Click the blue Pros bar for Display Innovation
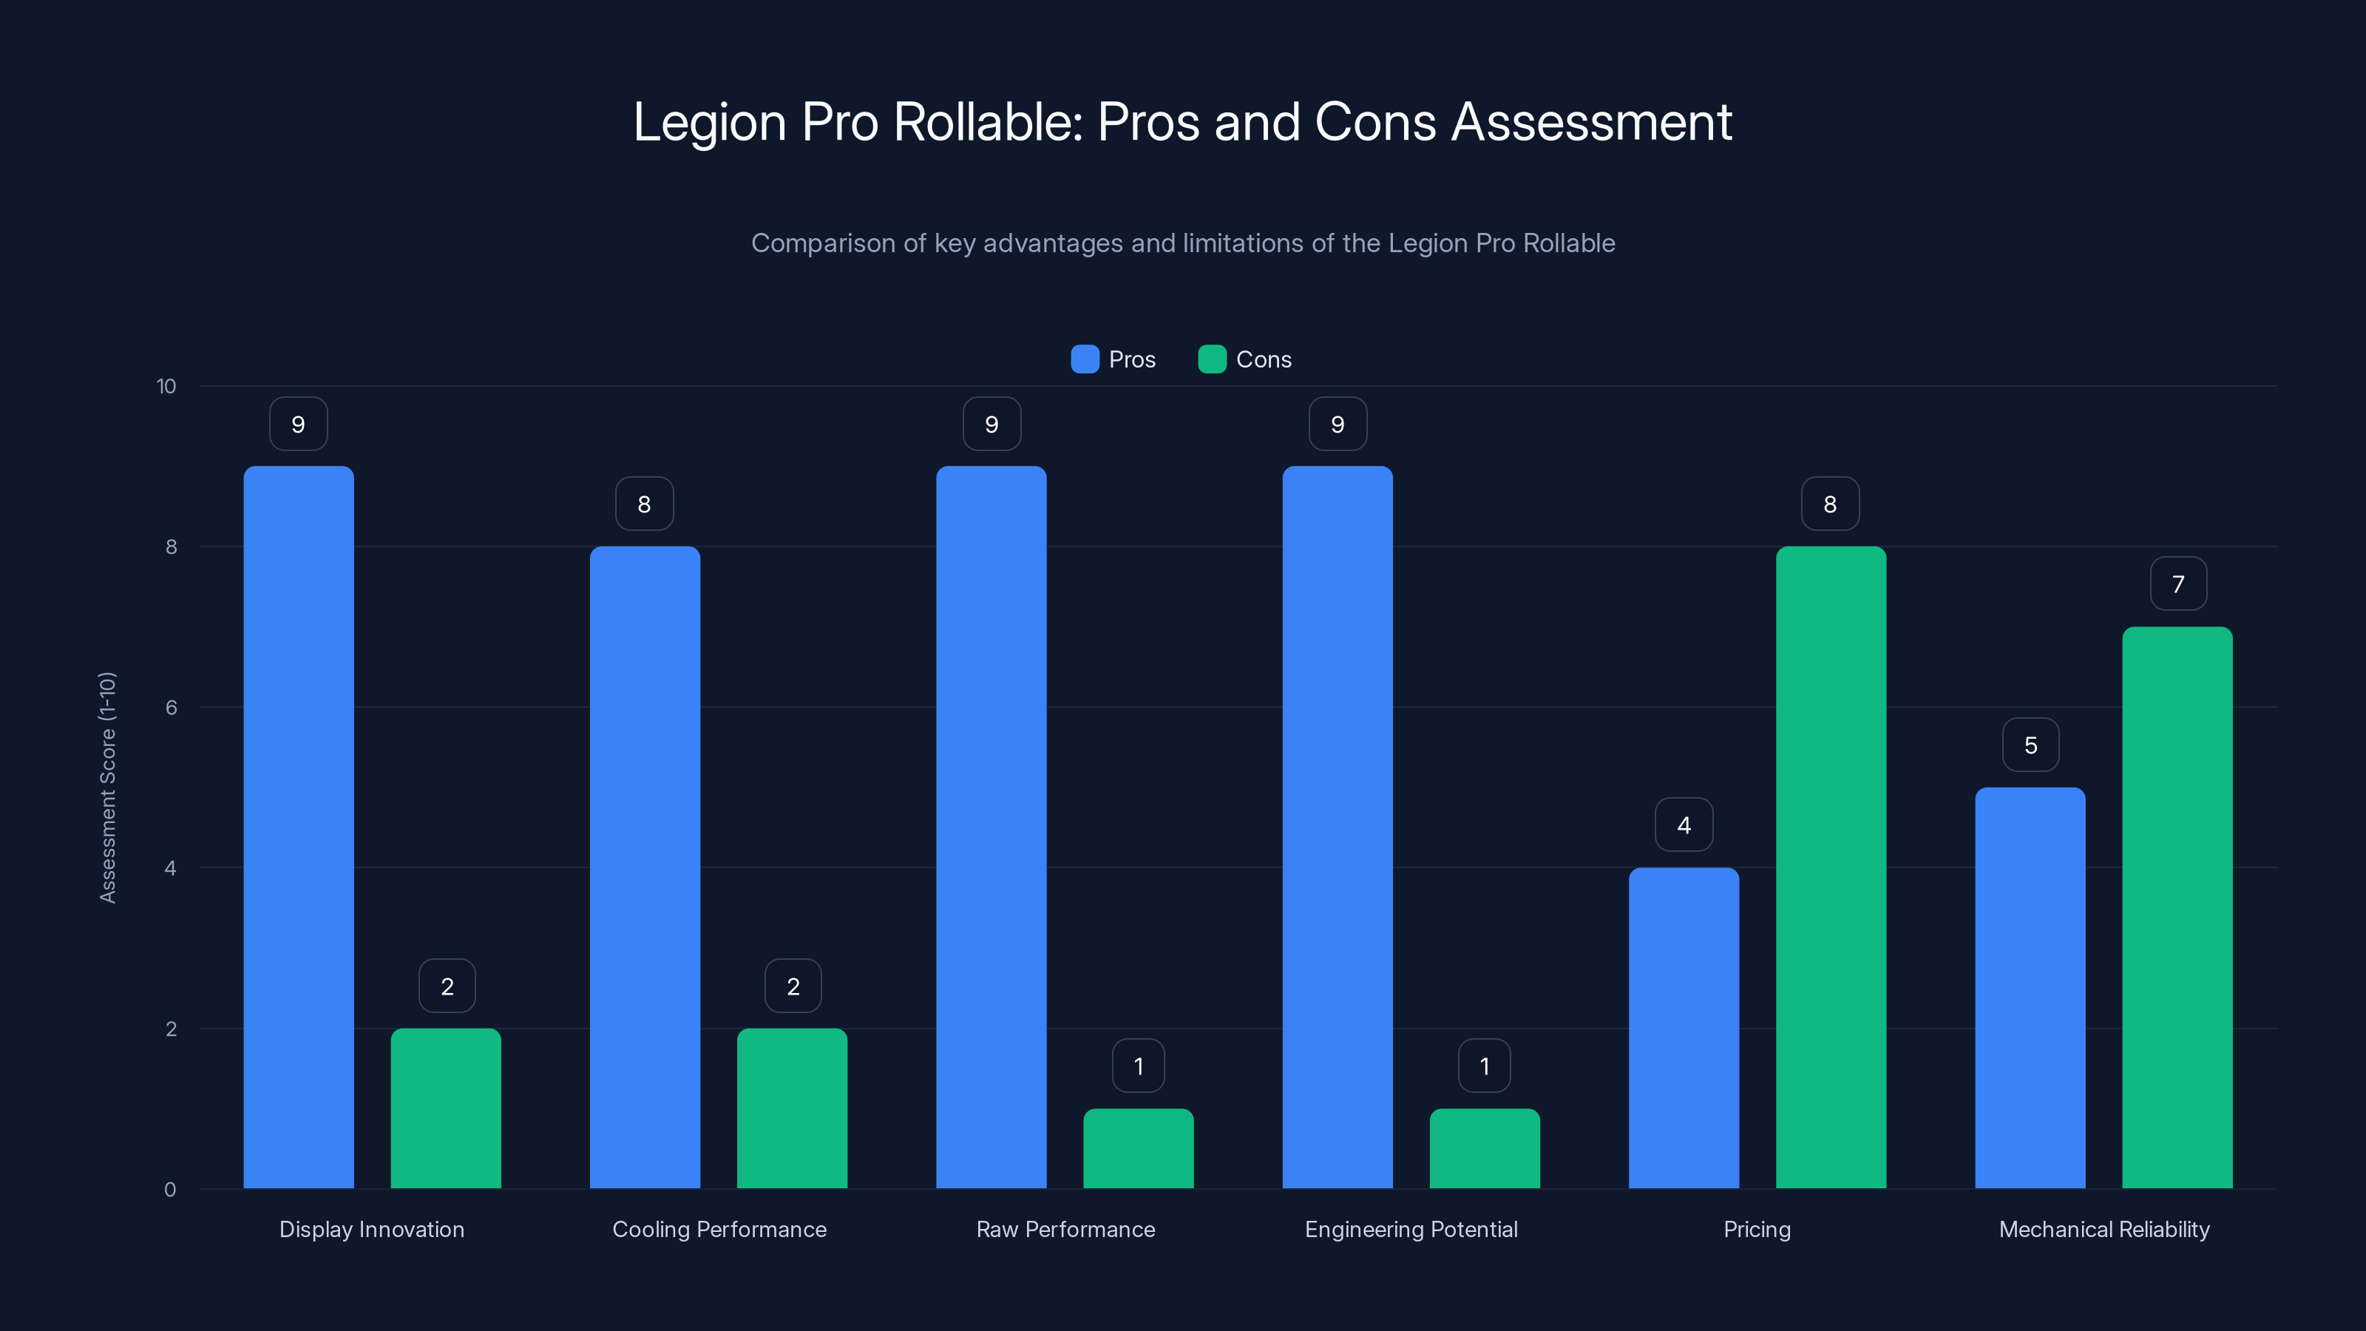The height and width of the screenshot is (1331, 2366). pos(299,827)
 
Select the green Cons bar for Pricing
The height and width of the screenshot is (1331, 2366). pos(1831,867)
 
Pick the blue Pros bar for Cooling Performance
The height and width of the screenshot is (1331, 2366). pos(645,867)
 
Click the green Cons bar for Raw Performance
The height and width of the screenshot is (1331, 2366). pos(1138,1148)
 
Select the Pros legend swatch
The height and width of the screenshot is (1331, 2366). pos(1085,359)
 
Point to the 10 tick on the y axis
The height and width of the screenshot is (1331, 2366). pos(166,386)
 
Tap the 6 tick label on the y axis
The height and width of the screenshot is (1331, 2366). pos(171,708)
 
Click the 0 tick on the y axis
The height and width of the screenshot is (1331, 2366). pos(170,1190)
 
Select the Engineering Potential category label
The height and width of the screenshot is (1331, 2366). pos(1411,1229)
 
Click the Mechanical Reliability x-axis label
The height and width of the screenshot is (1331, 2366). pos(2104,1229)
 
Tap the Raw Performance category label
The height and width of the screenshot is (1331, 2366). pos(1065,1229)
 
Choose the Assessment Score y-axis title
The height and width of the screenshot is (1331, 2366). pos(107,788)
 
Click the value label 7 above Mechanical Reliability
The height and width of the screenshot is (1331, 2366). pos(2177,584)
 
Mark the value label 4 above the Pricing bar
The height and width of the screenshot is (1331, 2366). pos(1684,825)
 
